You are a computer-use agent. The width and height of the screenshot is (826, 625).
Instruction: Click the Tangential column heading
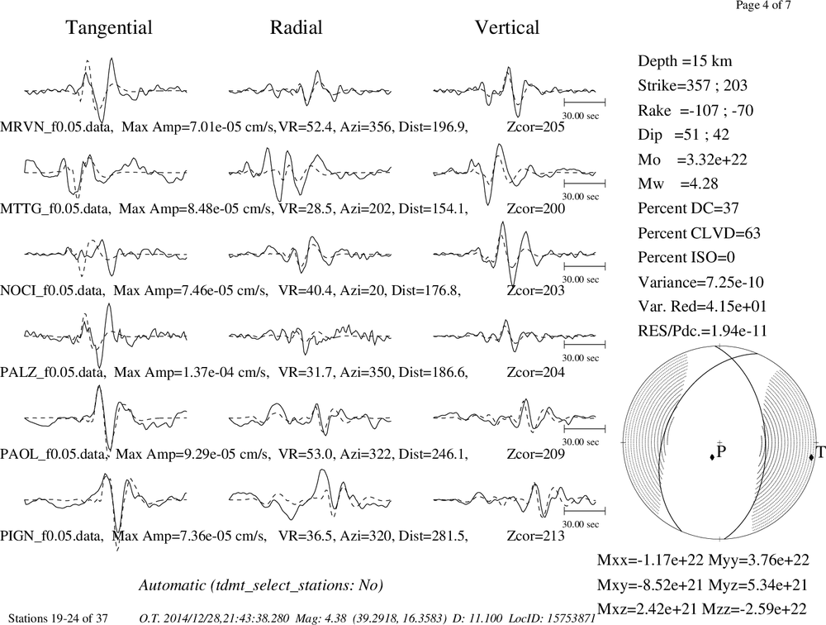point(109,28)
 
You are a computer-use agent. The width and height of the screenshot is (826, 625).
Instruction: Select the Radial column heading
point(296,27)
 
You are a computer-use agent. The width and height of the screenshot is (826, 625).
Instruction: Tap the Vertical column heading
point(507,27)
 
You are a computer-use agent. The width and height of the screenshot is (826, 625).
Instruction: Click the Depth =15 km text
point(685,61)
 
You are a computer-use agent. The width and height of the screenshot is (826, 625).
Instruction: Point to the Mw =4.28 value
point(678,184)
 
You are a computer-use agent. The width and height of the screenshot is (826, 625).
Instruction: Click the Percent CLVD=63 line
point(699,233)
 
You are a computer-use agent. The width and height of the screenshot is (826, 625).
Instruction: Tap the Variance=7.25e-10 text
point(700,282)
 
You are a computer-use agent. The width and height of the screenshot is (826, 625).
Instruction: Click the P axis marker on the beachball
point(712,457)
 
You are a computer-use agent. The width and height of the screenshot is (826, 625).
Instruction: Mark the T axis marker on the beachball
point(811,456)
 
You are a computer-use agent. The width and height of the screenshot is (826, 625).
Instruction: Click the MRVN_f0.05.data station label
point(57,127)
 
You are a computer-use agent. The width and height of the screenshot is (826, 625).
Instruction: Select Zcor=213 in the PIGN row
point(536,536)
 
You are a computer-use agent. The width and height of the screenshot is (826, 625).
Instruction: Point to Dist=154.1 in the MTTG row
point(433,209)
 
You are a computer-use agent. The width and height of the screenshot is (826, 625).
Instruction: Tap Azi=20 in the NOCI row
point(363,291)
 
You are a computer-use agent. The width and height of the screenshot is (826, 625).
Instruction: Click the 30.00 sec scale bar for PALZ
point(584,345)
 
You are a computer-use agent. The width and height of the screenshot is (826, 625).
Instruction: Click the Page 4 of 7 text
point(762,5)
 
